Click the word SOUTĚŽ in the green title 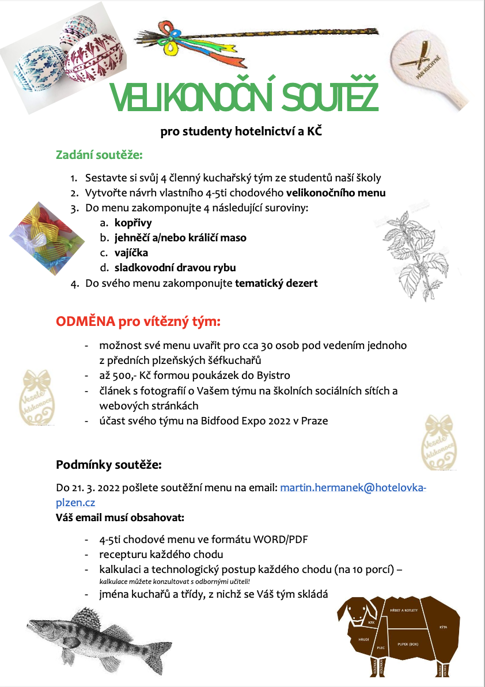[321, 97]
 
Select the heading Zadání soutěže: [98, 155]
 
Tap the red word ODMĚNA [85, 321]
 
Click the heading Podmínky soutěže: [108, 464]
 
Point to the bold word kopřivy [133, 223]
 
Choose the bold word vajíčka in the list [131, 253]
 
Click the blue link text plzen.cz [75, 502]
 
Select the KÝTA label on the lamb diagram [443, 626]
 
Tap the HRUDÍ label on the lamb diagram [363, 639]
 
